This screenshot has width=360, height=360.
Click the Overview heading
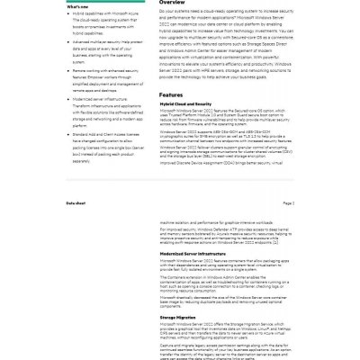174,4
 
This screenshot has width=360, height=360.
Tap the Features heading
173,94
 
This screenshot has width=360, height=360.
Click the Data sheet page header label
76,203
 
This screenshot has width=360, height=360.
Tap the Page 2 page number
289,203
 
